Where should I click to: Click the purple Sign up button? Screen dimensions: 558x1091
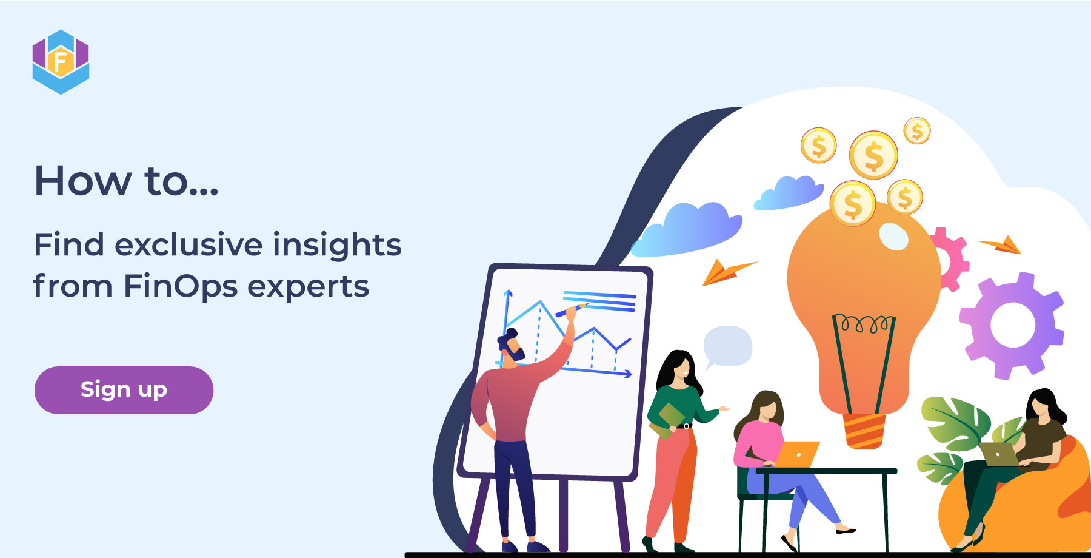124,390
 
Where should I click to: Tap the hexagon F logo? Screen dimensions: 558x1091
61,62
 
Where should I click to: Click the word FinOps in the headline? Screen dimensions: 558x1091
180,286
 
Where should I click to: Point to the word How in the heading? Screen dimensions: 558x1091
82,181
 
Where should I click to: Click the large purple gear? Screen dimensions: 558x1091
1011,324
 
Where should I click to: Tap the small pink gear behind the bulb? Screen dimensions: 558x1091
950,258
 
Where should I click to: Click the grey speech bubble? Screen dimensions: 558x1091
727,346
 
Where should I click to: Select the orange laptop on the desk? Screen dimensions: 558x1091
796,454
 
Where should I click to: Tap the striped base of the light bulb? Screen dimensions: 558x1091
864,431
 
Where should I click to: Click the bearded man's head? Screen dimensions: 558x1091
510,346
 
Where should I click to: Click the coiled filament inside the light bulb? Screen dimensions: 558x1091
864,324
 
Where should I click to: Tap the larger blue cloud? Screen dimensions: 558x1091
687,230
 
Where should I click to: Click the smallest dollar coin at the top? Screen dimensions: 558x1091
916,130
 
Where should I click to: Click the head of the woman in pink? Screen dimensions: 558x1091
766,408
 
